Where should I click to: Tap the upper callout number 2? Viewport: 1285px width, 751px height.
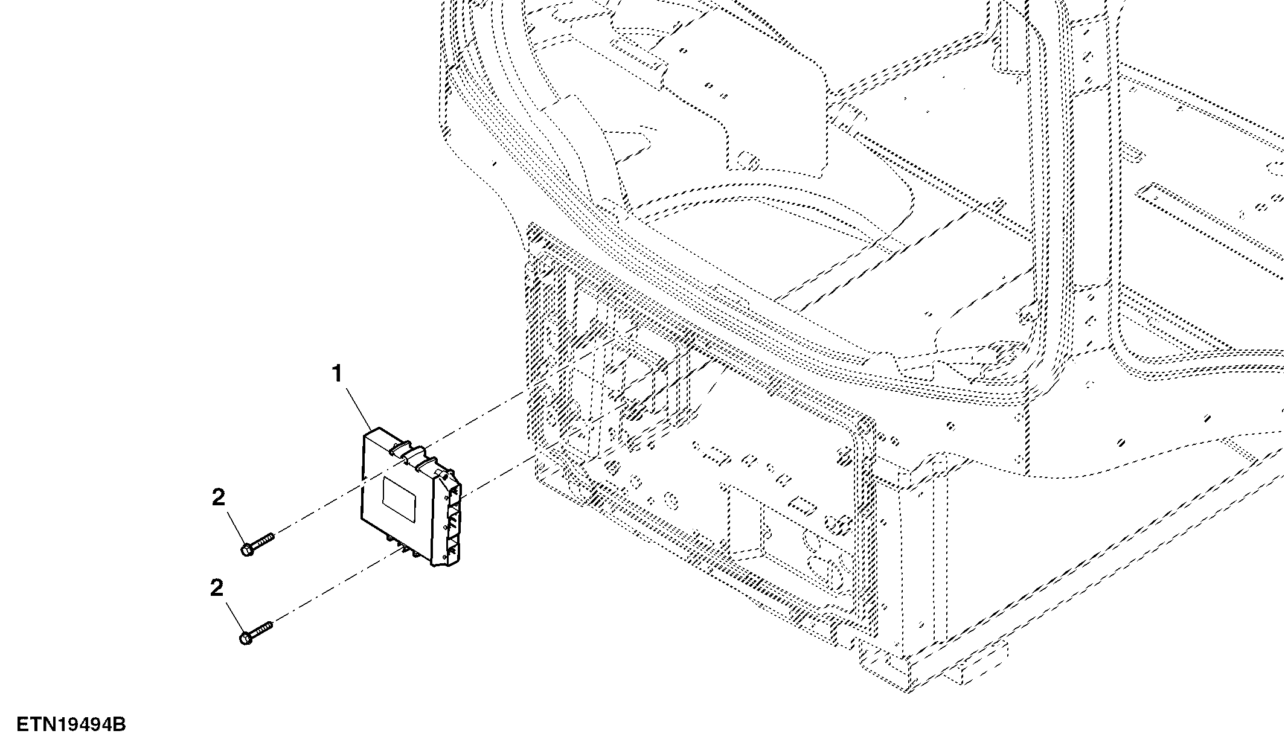pos(218,498)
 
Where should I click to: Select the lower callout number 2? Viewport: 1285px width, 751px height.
pos(217,588)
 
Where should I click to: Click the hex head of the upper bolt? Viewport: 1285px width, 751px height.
pos(247,550)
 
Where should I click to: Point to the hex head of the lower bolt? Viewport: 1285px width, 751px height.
pos(246,638)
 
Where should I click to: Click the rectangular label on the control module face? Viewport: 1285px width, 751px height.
pos(400,497)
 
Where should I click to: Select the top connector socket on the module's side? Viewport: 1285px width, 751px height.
pos(455,492)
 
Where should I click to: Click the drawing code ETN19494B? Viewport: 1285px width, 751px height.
pos(71,724)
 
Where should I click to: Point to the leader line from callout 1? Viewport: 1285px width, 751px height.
pos(359,409)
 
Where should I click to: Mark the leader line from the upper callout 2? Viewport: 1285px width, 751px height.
pos(237,527)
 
